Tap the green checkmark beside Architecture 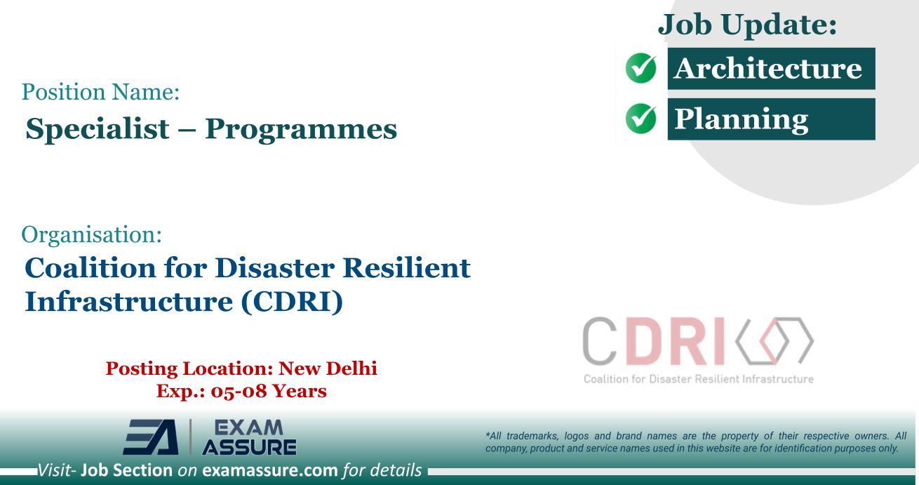coord(640,69)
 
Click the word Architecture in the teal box coord(767,69)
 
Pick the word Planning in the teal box coord(740,120)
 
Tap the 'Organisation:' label coord(93,236)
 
